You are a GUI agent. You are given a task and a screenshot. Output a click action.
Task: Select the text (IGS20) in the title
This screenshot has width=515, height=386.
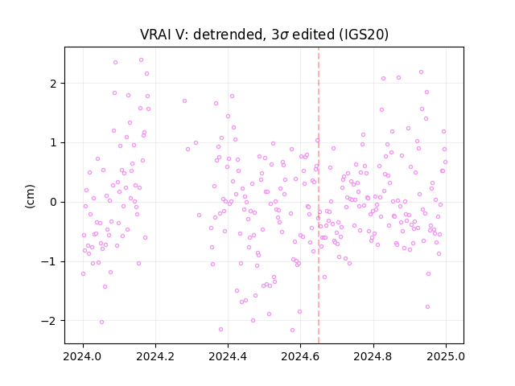pos(363,35)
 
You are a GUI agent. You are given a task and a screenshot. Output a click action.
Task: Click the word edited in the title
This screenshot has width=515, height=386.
pos(313,35)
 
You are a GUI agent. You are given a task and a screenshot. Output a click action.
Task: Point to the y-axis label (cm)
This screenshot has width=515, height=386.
pos(30,196)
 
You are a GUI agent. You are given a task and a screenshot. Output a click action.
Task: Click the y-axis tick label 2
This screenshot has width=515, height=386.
pos(53,84)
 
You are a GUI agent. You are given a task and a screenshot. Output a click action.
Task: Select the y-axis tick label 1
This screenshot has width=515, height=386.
pos(53,143)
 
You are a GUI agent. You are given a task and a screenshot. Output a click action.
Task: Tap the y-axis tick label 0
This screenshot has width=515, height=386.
pos(53,202)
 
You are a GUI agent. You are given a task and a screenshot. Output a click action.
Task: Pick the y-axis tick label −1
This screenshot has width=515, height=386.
pos(49,262)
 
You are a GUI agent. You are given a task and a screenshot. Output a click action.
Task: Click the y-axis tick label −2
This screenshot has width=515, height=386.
pos(49,321)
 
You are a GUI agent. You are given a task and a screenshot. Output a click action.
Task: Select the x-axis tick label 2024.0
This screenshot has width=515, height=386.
pos(83,356)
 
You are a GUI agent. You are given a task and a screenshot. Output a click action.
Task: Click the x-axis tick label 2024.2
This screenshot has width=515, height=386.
pos(155,356)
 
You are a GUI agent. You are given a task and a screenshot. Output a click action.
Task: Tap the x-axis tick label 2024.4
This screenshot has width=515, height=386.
pos(228,356)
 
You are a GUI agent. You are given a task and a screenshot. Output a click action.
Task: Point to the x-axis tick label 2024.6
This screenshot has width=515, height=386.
pos(300,356)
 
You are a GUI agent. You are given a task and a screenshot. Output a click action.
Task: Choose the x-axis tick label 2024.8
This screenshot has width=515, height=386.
pos(373,356)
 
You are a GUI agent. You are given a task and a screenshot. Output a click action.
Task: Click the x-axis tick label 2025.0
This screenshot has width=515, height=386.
pos(446,356)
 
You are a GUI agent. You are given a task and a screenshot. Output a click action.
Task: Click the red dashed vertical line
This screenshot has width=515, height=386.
pos(319,195)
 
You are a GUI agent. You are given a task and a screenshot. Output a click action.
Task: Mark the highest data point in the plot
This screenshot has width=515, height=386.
pos(142,60)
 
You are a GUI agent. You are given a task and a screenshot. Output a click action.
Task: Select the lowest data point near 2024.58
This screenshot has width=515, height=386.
pos(292,331)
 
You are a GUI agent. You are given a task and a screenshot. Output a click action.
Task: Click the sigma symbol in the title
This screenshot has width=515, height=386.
pos(285,35)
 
